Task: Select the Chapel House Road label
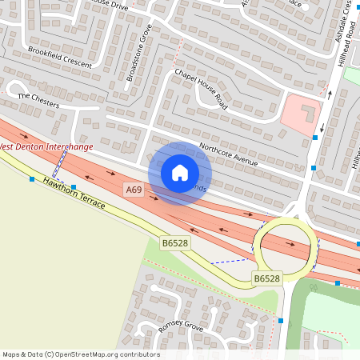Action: point(201,89)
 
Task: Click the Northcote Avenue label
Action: point(228,154)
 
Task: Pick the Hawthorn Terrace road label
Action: point(74,193)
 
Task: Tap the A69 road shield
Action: point(133,190)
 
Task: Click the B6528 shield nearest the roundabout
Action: point(267,278)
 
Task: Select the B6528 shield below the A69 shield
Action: point(174,242)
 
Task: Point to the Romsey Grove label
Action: point(182,325)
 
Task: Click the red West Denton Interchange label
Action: point(46,146)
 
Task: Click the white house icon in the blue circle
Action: point(180,173)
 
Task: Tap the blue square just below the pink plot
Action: point(315,138)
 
